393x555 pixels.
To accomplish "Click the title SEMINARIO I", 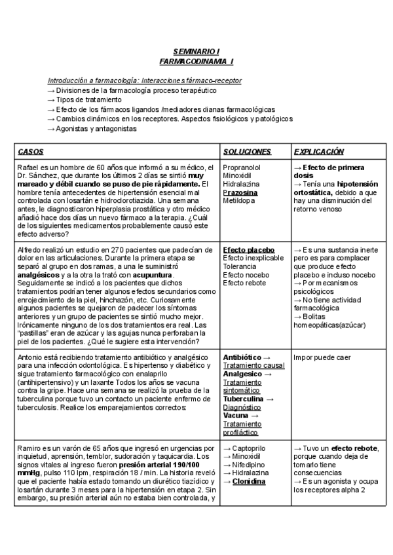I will pyautogui.click(x=196, y=51).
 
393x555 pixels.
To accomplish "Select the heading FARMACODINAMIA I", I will pyautogui.click(x=196, y=61).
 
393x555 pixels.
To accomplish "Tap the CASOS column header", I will pyautogui.click(x=31, y=152).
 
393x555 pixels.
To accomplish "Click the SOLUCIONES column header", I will pyautogui.click(x=247, y=152).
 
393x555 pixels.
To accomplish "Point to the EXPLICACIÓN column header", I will pyautogui.click(x=319, y=152).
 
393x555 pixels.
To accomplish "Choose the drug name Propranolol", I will pyautogui.click(x=242, y=168).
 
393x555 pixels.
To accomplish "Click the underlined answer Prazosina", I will pyautogui.click(x=240, y=193).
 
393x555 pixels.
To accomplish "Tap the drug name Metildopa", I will pyautogui.click(x=238, y=202).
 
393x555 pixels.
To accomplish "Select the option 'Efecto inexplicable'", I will pyautogui.click(x=253, y=259).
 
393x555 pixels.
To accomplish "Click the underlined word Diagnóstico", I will pyautogui.click(x=242, y=406).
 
